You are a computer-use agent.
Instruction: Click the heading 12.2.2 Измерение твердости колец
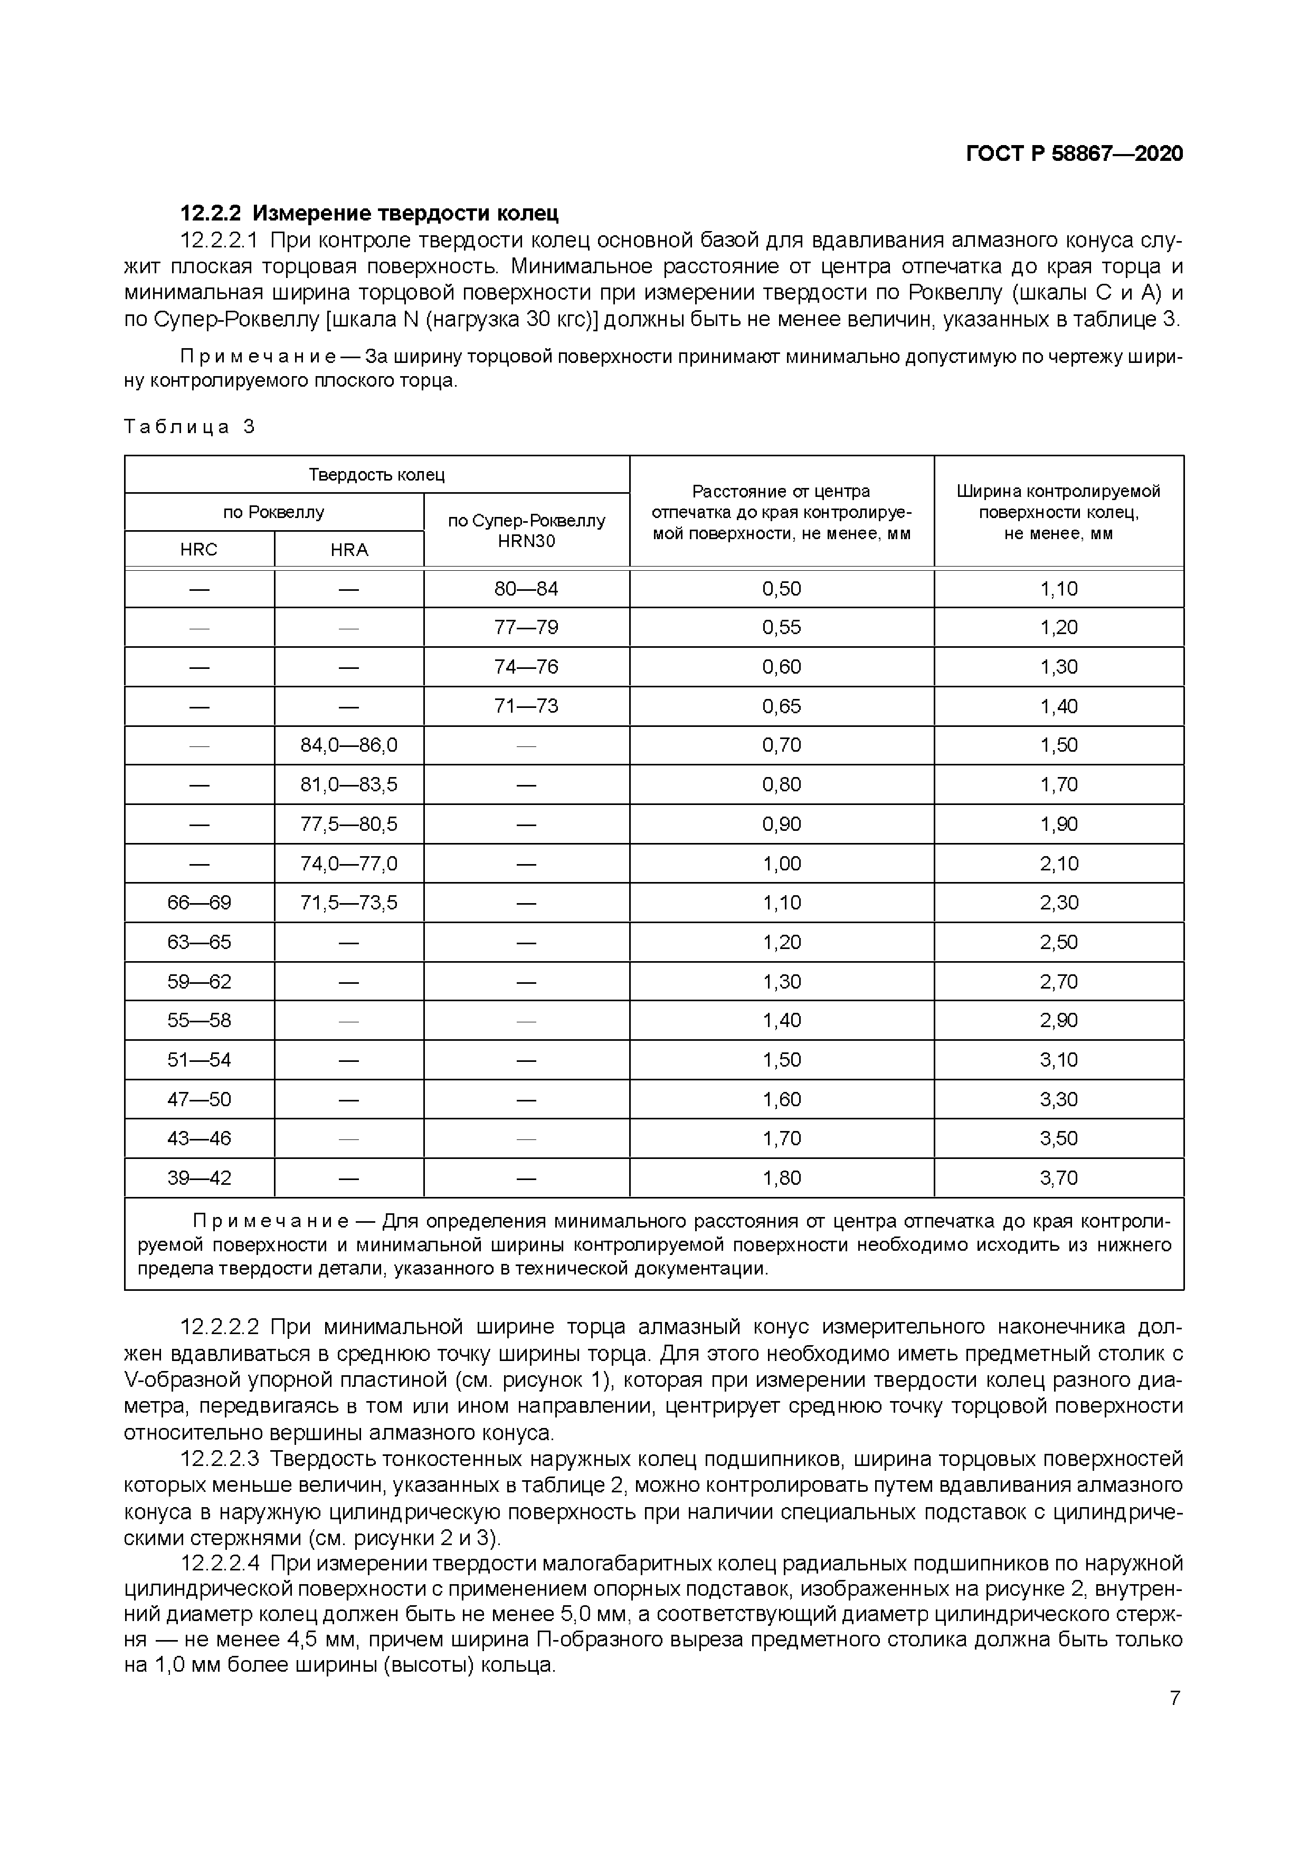[x=368, y=214]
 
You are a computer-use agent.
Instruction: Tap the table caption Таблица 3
[x=189, y=427]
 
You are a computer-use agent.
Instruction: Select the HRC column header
[x=198, y=550]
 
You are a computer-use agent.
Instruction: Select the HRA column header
[x=349, y=550]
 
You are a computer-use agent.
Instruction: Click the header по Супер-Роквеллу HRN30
[x=526, y=530]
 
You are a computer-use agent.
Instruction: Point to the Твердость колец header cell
[x=376, y=475]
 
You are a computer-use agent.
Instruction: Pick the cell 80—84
[x=526, y=589]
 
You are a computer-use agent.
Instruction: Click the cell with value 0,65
[x=781, y=707]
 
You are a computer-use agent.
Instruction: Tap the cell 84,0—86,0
[x=349, y=745]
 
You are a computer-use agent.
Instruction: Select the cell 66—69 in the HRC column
[x=199, y=903]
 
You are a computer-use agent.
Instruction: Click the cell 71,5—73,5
[x=349, y=903]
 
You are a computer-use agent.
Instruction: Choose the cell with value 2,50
[x=1058, y=942]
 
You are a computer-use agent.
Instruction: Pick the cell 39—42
[x=199, y=1178]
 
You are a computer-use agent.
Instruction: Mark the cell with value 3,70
[x=1058, y=1178]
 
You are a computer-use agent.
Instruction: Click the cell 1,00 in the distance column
[x=781, y=864]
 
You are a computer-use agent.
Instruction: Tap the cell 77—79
[x=526, y=628]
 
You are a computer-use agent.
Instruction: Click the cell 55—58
[x=199, y=1021]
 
